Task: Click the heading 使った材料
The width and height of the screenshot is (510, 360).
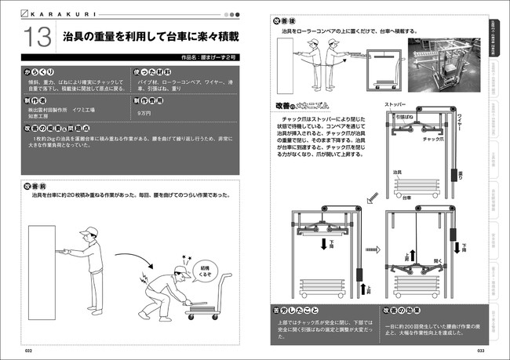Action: (x=153, y=71)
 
